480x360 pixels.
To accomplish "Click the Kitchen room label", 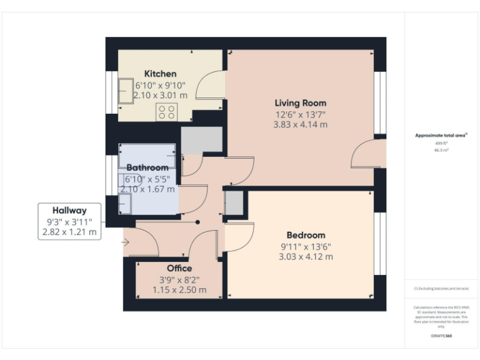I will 160,74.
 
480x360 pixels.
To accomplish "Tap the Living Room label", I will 301,103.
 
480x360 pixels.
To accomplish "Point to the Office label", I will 179,269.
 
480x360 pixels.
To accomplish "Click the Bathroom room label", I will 147,167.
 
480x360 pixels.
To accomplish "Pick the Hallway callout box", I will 69,221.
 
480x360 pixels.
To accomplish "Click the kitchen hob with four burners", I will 167,112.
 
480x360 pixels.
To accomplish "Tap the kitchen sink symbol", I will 126,91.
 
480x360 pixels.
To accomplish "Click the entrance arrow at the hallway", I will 127,242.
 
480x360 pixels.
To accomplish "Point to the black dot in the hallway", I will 198,222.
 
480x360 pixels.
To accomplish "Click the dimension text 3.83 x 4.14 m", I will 301,124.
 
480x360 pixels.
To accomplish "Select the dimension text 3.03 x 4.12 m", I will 306,256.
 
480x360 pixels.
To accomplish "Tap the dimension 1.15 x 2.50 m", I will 179,290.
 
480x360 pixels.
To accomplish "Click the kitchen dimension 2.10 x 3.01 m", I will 160,96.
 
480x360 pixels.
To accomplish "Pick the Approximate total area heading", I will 441,135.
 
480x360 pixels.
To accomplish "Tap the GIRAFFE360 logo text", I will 441,336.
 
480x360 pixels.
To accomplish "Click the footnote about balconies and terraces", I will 441,289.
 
